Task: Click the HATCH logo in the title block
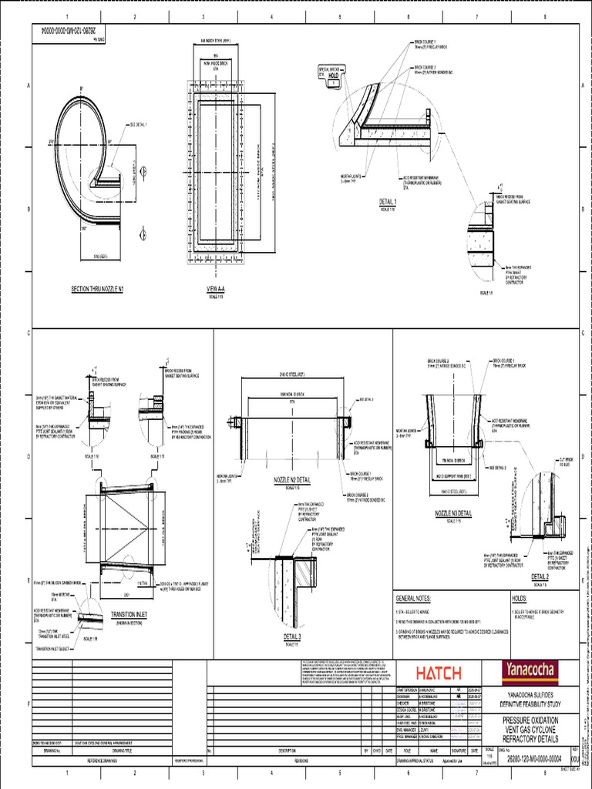click(x=439, y=670)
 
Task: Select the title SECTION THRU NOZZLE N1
click(x=98, y=289)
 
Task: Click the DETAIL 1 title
click(x=393, y=202)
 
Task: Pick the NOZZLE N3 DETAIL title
click(x=453, y=512)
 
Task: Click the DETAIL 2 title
click(x=540, y=576)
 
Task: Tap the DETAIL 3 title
click(x=292, y=636)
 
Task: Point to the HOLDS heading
click(x=522, y=598)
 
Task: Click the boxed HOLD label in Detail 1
click(x=334, y=76)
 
